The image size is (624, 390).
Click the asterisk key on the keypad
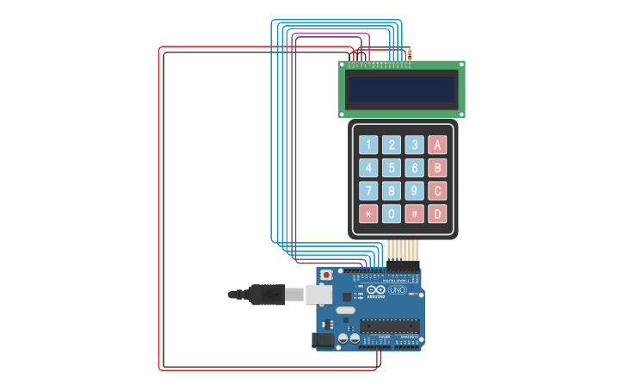[x=368, y=214]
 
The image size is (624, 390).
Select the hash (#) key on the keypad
[x=415, y=214]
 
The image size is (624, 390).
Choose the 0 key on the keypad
[x=392, y=214]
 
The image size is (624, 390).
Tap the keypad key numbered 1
[x=368, y=145]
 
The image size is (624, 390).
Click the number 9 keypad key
[x=415, y=190]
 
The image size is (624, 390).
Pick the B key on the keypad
[x=438, y=168]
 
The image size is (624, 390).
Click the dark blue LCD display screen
[x=401, y=90]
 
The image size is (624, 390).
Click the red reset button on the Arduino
[x=325, y=275]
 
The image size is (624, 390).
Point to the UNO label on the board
[x=398, y=290]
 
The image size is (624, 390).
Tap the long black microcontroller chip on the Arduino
[x=390, y=325]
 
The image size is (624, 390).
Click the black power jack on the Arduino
[x=323, y=340]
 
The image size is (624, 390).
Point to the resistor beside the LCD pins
[x=410, y=54]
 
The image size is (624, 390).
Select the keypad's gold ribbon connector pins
[x=403, y=250]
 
